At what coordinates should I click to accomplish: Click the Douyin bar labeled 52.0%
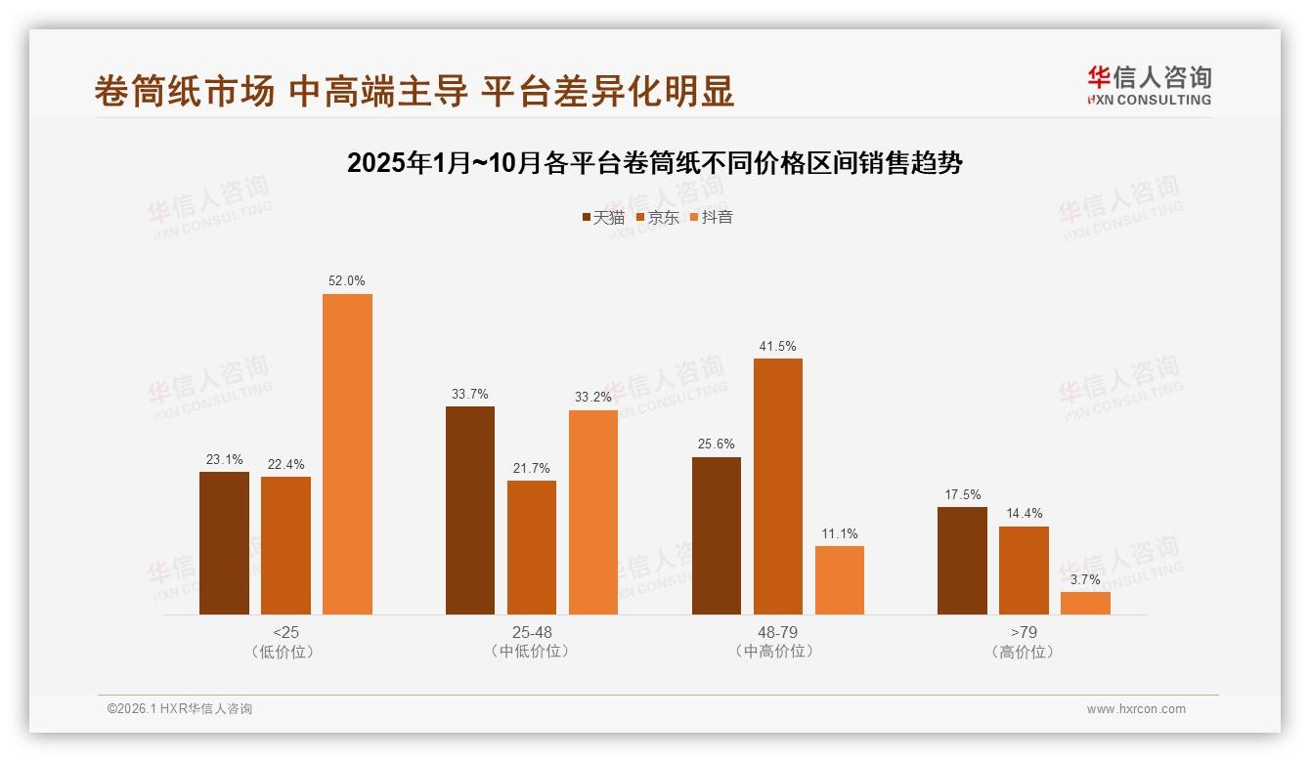(x=347, y=454)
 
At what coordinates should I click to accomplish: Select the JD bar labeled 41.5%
(x=778, y=487)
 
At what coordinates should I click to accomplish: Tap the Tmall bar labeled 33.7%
(x=470, y=510)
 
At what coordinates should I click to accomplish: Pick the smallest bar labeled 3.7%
(x=1085, y=603)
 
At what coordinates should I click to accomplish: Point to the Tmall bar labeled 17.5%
(x=962, y=561)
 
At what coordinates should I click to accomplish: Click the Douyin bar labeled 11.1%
(x=840, y=580)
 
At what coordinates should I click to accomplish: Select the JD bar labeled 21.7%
(x=532, y=547)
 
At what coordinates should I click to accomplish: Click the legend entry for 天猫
(x=602, y=217)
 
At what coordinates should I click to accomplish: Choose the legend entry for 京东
(x=657, y=217)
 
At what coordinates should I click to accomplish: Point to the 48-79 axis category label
(x=777, y=632)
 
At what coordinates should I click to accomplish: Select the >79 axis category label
(x=1024, y=632)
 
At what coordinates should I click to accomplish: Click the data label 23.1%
(x=224, y=459)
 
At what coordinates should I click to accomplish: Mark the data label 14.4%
(x=1024, y=514)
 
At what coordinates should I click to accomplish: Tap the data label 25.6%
(x=717, y=444)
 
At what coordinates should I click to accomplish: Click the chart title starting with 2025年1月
(x=654, y=163)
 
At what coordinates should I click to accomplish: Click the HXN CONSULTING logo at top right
(x=1149, y=86)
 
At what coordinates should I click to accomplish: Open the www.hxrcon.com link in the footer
(x=1136, y=709)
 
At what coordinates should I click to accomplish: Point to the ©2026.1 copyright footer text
(x=180, y=709)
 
